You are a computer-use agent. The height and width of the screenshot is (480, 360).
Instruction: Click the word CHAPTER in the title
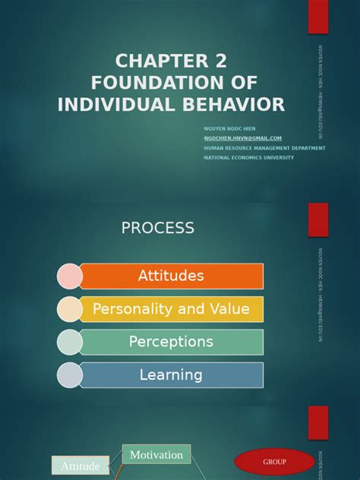tap(155, 61)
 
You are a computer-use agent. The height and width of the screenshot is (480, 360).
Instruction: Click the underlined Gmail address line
tap(242, 138)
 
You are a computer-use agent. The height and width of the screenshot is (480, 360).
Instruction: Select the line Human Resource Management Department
tap(264, 148)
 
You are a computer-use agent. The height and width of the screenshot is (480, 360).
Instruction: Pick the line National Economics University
tap(248, 157)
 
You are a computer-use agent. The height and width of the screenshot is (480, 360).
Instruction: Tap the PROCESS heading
tap(158, 228)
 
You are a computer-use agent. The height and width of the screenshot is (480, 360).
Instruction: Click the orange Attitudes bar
tap(171, 276)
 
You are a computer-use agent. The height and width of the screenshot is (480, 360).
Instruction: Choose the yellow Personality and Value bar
tap(171, 309)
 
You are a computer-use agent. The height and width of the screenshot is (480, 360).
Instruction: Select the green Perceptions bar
tap(171, 342)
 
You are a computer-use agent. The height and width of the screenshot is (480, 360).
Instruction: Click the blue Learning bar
tap(171, 374)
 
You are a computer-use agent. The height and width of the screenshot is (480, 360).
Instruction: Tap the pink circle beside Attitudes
tap(69, 276)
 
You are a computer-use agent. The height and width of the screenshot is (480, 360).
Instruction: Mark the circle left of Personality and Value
tap(69, 309)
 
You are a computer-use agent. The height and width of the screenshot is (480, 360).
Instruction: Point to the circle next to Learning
tap(69, 375)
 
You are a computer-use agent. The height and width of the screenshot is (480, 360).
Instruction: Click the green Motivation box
tap(156, 455)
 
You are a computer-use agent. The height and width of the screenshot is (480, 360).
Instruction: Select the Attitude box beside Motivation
tap(80, 466)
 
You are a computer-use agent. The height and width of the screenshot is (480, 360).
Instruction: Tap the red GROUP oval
tap(275, 462)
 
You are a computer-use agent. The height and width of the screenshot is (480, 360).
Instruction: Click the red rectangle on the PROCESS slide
tap(318, 220)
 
